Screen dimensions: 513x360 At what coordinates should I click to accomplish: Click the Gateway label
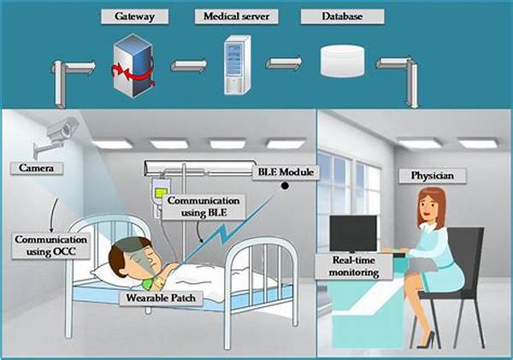[x=134, y=16]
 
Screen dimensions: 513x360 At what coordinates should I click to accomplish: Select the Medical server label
[x=236, y=16]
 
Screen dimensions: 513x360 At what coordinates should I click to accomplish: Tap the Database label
[x=342, y=16]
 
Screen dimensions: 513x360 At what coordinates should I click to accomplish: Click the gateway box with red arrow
[x=133, y=66]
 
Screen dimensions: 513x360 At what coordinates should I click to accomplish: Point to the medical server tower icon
[x=238, y=65]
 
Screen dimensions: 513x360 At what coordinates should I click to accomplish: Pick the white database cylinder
[x=342, y=62]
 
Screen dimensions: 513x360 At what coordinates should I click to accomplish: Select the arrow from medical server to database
[x=284, y=62]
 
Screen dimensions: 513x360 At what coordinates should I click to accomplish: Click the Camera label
[x=36, y=168]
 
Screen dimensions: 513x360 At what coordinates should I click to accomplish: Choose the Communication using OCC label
[x=51, y=245]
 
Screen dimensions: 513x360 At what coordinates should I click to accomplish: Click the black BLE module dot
[x=285, y=186]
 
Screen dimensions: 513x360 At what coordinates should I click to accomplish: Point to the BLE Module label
[x=286, y=172]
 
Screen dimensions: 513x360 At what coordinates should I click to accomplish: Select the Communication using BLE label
[x=203, y=207]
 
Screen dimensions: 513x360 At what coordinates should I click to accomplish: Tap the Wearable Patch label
[x=161, y=298]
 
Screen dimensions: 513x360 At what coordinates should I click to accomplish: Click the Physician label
[x=432, y=176]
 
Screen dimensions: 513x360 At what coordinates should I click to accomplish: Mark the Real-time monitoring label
[x=354, y=267]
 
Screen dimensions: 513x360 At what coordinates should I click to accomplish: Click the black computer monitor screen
[x=353, y=233]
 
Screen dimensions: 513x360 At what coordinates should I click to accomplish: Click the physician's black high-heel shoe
[x=427, y=339]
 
